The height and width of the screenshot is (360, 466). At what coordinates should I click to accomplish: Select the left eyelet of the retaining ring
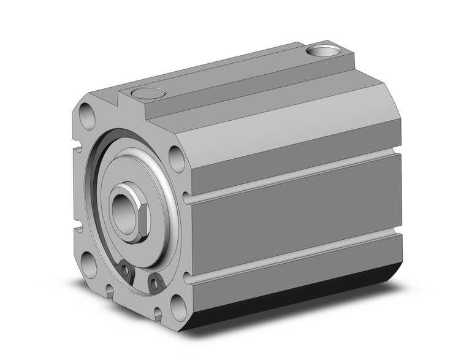[x=126, y=270]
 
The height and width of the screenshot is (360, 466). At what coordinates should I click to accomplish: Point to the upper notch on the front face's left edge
[x=78, y=148]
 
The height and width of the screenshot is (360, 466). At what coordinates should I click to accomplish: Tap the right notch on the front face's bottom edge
[x=158, y=315]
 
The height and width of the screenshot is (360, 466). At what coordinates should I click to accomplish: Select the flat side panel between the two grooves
[x=294, y=218]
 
